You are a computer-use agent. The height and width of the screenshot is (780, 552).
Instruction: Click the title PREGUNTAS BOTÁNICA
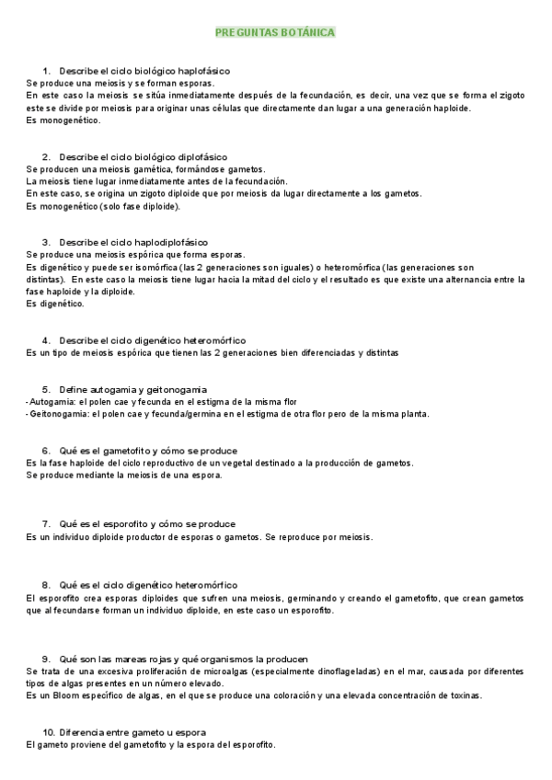coord(275,32)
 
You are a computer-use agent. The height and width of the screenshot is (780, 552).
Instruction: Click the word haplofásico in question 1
coord(203,70)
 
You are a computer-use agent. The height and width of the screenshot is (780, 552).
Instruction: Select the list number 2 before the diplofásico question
coord(46,156)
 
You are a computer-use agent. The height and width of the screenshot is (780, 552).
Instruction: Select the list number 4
coord(46,340)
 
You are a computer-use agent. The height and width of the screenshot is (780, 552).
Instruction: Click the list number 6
coord(46,451)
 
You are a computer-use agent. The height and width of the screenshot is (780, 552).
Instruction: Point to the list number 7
coord(46,524)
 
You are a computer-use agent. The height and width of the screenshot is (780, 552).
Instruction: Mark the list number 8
coord(46,585)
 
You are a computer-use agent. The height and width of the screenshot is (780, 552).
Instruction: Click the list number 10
coord(50,732)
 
